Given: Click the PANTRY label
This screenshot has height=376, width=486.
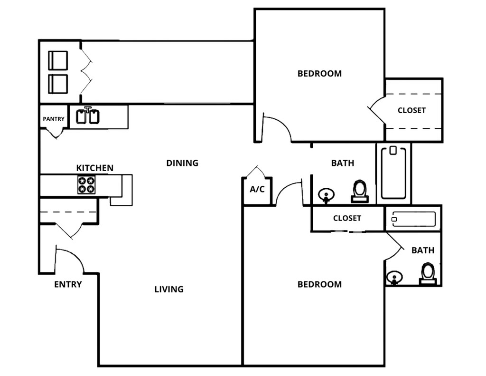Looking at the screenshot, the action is (54, 119).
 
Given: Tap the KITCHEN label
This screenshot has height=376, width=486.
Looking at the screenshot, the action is (95, 168).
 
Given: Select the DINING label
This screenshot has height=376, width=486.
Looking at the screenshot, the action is (182, 163).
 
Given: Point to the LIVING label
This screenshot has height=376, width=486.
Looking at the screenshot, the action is (169, 289).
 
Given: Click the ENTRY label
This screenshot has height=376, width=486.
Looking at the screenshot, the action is (68, 284).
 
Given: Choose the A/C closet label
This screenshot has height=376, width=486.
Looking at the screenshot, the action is (257, 189).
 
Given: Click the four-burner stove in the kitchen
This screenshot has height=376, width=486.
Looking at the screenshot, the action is (86, 185).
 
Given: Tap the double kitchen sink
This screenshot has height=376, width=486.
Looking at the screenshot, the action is (88, 115).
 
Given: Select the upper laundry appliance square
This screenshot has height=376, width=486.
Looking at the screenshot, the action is (58, 60).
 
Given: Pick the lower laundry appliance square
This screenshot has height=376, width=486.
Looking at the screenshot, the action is (58, 84).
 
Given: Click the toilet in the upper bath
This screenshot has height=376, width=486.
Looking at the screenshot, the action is (360, 191).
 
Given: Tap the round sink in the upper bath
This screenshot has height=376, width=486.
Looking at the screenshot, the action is (326, 195).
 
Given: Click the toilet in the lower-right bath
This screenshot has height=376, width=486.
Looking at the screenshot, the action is (428, 273).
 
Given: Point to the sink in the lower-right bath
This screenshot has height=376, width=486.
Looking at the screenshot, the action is (394, 277).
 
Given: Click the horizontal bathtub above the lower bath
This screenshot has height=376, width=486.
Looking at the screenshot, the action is (413, 219).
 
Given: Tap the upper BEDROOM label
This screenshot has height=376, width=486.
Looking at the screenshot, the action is (319, 74).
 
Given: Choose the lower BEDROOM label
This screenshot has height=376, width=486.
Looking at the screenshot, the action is (319, 284).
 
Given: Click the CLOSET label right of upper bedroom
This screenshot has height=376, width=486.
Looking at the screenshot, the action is (411, 110).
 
